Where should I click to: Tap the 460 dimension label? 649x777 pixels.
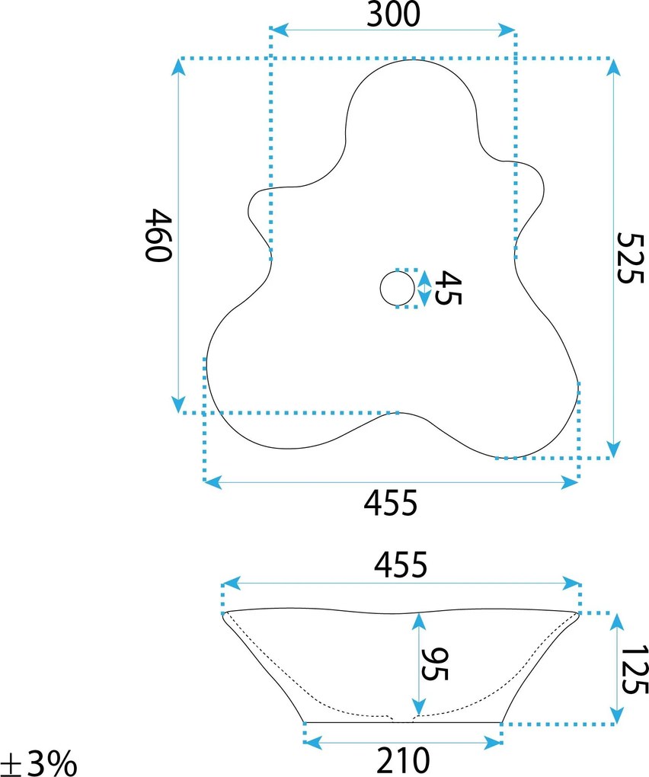tap(158, 235)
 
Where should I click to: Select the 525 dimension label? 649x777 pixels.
tap(631, 257)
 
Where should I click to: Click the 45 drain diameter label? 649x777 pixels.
tap(448, 287)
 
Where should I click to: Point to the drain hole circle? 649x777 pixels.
tap(398, 289)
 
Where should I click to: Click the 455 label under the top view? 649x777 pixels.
tap(391, 503)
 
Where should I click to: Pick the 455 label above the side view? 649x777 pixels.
tap(401, 564)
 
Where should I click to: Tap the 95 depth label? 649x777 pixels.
tap(435, 664)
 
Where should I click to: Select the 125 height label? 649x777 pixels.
tap(635, 670)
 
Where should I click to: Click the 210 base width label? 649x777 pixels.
tap(403, 761)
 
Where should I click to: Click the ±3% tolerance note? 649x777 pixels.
tap(39, 763)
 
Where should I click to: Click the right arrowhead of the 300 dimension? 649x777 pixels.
tap(507, 30)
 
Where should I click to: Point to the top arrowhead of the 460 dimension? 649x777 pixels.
tap(178, 67)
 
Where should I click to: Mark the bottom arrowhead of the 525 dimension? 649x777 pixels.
tap(613, 449)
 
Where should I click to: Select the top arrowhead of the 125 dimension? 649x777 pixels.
tap(617, 622)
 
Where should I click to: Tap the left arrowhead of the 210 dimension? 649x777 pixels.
tap(313, 743)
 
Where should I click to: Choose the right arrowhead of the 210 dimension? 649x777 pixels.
tap(494, 743)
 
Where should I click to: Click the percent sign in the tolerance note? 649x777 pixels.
tap(63, 763)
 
